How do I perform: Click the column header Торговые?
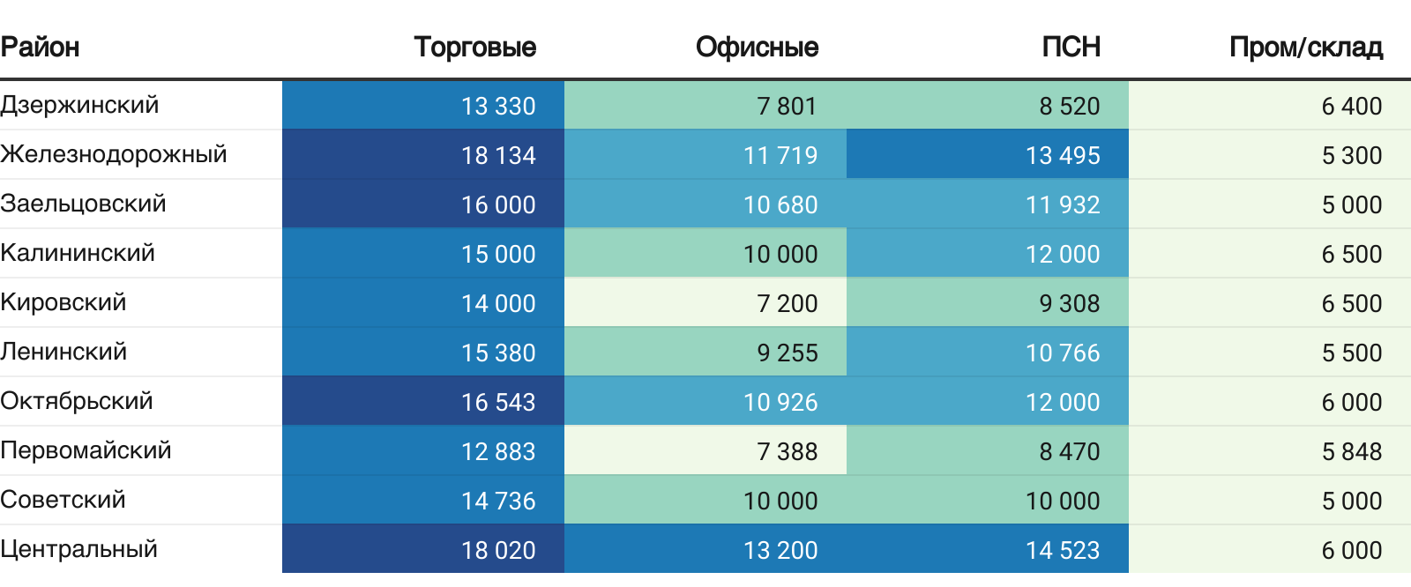click(x=474, y=47)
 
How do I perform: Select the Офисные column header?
click(x=757, y=47)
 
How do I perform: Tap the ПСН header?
click(x=1071, y=47)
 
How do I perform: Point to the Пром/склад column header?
click(x=1305, y=47)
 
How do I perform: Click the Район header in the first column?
click(x=40, y=47)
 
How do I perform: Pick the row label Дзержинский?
click(x=79, y=105)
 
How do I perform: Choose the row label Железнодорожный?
click(x=114, y=154)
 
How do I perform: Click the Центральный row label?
click(x=79, y=549)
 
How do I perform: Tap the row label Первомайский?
click(x=86, y=450)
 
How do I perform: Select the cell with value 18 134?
click(x=498, y=155)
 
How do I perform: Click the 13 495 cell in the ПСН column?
click(x=1063, y=155)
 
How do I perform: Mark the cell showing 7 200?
click(x=787, y=303)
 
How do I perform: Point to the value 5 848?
click(x=1351, y=451)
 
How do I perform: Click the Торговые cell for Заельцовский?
click(x=498, y=204)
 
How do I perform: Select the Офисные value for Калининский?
click(x=780, y=254)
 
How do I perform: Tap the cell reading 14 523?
click(x=1063, y=550)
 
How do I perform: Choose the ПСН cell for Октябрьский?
click(x=1063, y=402)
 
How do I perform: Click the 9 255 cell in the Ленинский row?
click(x=787, y=353)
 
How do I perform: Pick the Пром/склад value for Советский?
click(x=1351, y=501)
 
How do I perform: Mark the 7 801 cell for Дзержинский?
click(x=787, y=106)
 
